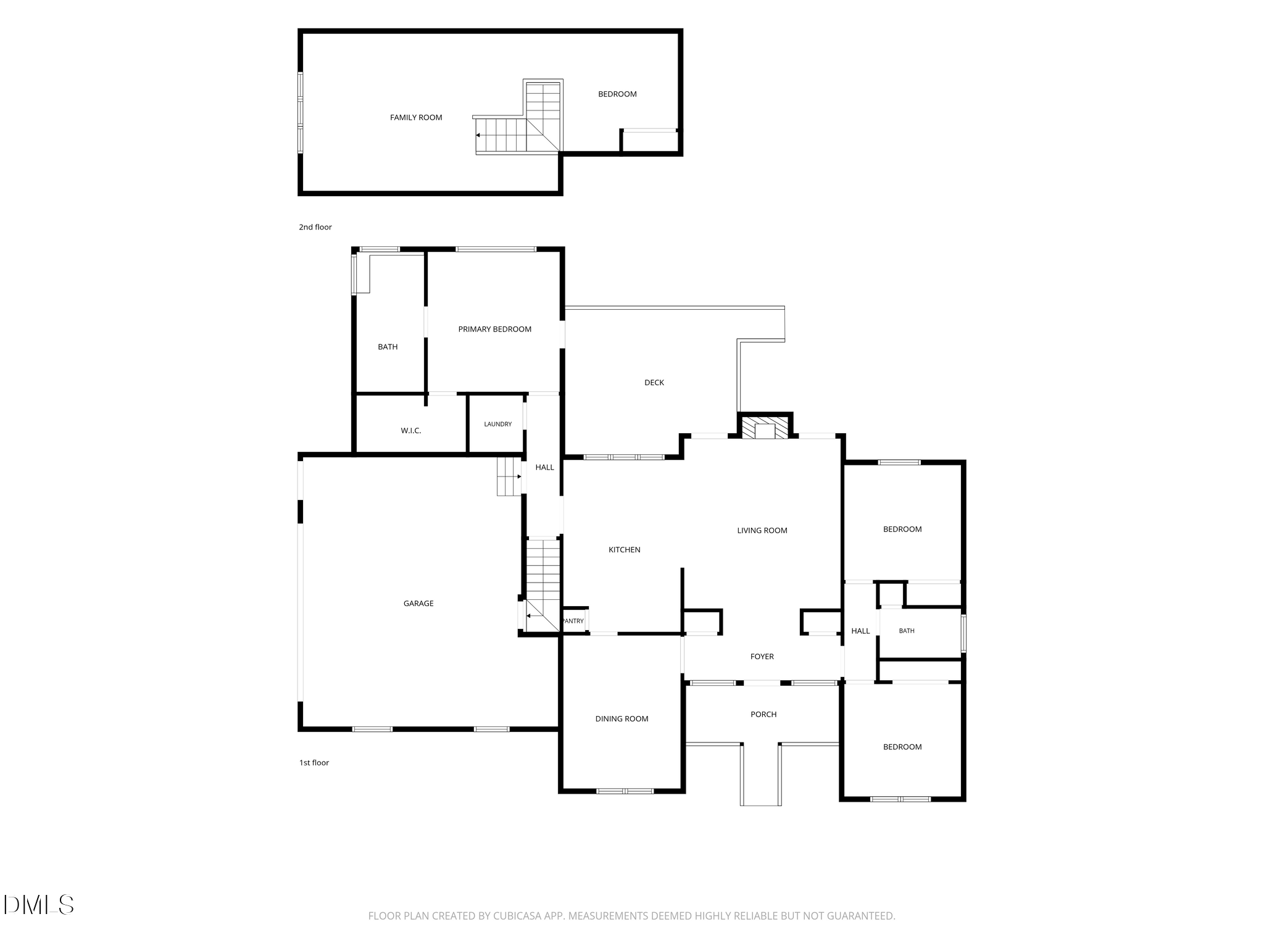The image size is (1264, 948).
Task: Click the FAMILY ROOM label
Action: [416, 117]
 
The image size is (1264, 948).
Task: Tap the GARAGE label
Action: [418, 604]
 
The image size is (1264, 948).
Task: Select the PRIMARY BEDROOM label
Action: [495, 330]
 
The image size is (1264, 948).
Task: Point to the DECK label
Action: [654, 383]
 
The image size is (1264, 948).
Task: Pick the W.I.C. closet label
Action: [411, 431]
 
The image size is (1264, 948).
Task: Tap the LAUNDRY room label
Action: [498, 424]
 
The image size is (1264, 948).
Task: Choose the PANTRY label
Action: [573, 621]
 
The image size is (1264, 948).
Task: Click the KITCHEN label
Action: [625, 550]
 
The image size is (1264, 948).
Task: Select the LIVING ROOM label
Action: [762, 531]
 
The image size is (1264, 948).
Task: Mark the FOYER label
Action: [762, 657]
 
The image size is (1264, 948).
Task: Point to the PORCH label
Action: [763, 715]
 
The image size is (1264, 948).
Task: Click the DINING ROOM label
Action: [622, 719]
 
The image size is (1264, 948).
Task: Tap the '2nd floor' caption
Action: [315, 227]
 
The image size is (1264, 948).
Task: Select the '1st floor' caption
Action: [314, 763]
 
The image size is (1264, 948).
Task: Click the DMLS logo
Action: [38, 905]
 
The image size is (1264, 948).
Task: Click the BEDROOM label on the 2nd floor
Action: [617, 94]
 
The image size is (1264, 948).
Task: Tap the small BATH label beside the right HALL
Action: [907, 631]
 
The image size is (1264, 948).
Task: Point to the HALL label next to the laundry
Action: [544, 468]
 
